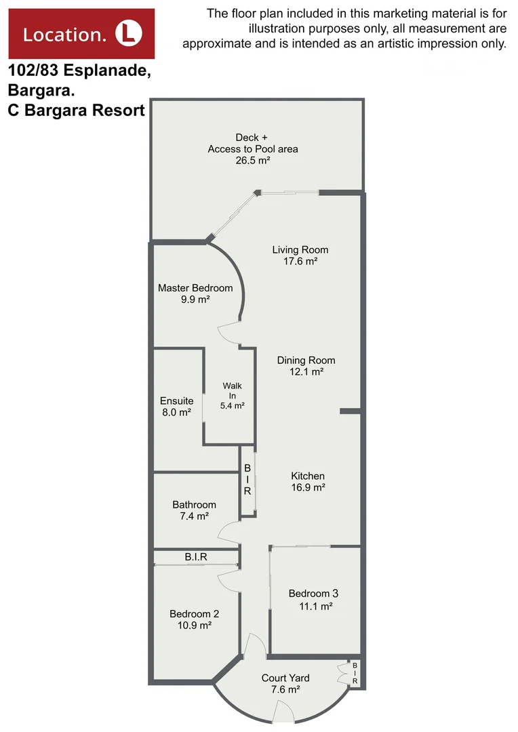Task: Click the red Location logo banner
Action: click(81, 33)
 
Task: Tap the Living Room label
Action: click(300, 249)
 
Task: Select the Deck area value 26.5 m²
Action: click(252, 161)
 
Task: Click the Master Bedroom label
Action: click(195, 288)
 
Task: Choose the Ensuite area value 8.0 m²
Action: click(176, 412)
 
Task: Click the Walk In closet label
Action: click(232, 390)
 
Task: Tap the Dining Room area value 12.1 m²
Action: click(306, 372)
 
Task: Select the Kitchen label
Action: click(308, 476)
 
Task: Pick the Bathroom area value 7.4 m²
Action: click(194, 516)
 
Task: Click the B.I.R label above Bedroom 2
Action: click(196, 557)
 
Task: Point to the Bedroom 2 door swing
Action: click(228, 580)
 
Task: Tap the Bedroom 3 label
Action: click(313, 594)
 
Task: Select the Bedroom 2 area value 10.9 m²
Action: click(194, 626)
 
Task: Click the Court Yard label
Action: click(285, 678)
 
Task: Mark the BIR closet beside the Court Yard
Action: click(354, 673)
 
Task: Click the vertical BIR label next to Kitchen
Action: click(247, 480)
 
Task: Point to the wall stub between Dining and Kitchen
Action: click(350, 411)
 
